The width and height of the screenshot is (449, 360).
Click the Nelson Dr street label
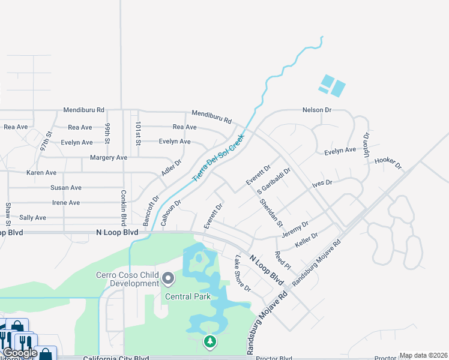point(317,110)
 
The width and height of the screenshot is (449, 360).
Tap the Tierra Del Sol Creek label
point(218,157)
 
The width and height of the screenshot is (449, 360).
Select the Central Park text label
point(188,296)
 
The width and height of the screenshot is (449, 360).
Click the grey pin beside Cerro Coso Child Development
point(168,279)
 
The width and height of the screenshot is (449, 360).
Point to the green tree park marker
point(209,342)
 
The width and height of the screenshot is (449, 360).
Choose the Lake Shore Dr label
point(243,274)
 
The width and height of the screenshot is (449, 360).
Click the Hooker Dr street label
point(387,162)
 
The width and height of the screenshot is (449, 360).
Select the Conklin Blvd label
point(123,205)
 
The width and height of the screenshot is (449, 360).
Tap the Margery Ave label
point(109,157)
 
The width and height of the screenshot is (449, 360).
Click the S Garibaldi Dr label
point(274,181)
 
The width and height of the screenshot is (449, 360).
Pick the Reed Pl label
point(282,260)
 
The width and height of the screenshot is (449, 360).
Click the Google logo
point(20,353)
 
